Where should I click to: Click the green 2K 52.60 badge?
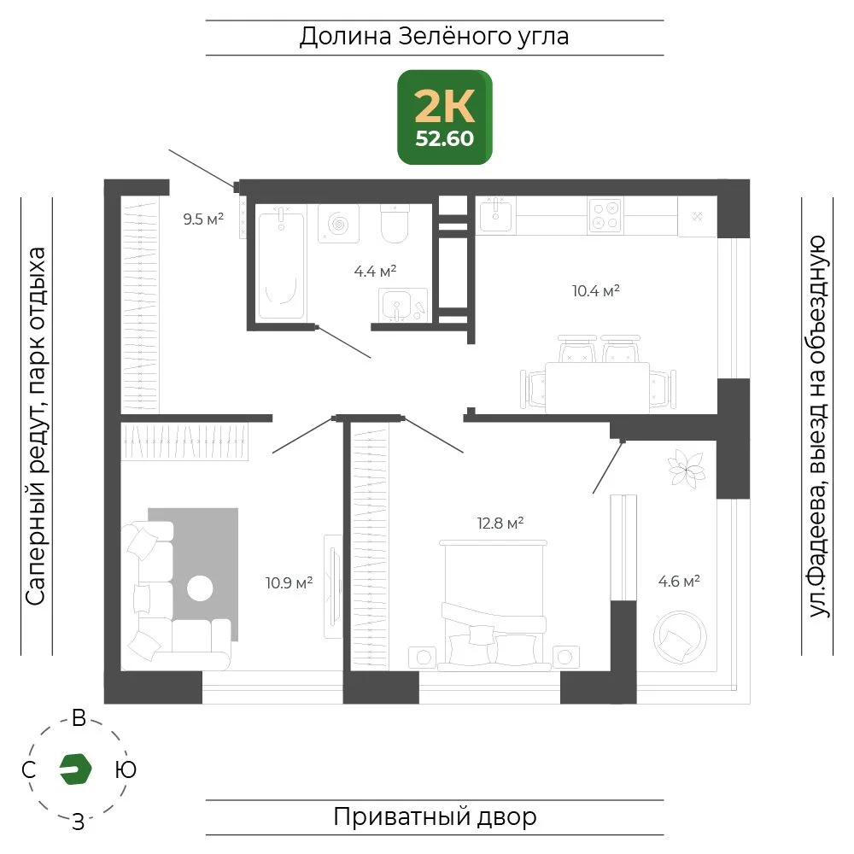444,117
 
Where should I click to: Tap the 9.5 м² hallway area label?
203,219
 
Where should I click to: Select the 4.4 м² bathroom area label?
375,271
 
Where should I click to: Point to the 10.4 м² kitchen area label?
596,290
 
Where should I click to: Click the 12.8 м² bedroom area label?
500,523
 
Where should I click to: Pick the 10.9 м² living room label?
289,582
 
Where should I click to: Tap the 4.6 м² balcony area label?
679,581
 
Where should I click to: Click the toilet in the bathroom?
395,224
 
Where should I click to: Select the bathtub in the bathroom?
281,265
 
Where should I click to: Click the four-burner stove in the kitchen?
605,215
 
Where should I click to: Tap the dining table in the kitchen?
598,387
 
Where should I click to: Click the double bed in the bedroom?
494,605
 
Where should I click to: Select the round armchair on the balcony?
679,637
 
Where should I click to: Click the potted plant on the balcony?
687,468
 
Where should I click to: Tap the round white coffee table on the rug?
200,588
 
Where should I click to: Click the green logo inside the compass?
75,769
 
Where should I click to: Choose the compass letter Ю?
126,769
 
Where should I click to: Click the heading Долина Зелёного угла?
434,37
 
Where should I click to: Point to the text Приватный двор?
435,817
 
